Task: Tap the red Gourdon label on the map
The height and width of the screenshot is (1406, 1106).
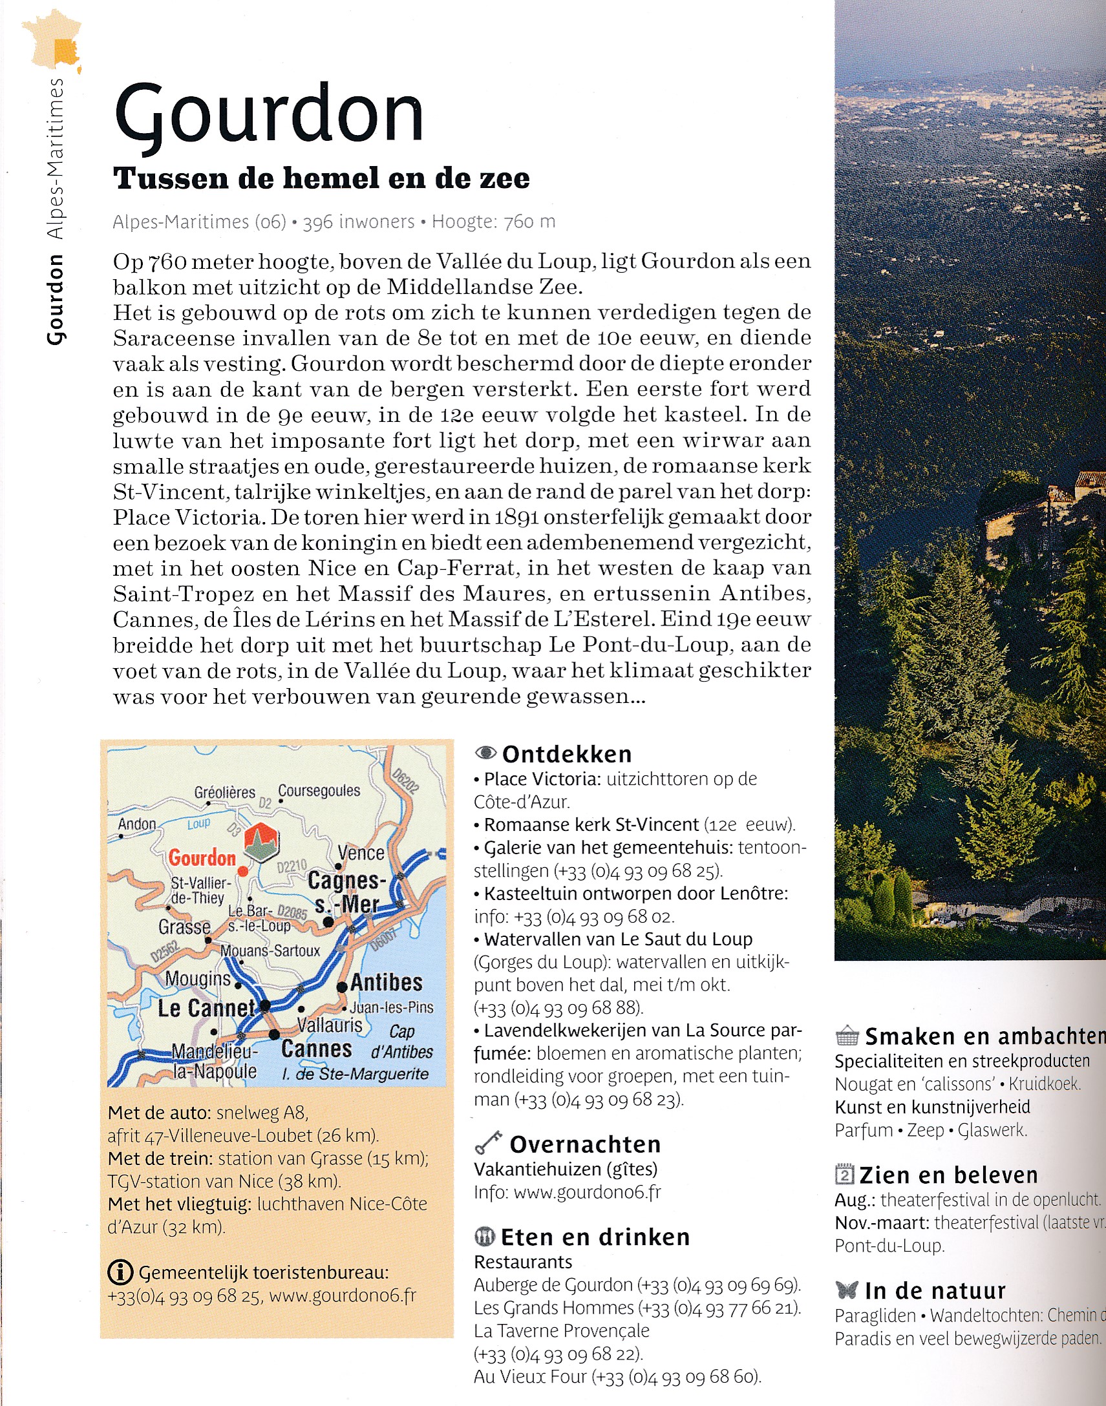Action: click(202, 857)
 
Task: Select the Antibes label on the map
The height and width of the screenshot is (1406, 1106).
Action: click(387, 983)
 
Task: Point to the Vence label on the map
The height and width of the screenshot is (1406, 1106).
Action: click(361, 852)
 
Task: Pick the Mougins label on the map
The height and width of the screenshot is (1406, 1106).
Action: click(198, 979)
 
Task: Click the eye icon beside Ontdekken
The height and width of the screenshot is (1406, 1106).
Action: click(485, 753)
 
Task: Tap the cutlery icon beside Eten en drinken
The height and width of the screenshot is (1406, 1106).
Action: click(484, 1237)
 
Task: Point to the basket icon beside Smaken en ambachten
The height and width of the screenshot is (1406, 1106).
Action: click(846, 1036)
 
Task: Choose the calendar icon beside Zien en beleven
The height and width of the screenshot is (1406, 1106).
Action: click(844, 1173)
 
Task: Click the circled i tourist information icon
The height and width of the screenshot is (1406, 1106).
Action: click(120, 1272)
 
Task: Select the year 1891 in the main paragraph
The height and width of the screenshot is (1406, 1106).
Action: click(516, 517)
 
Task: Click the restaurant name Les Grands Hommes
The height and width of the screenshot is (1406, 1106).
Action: click(554, 1308)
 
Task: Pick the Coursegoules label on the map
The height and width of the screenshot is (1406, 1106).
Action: click(319, 790)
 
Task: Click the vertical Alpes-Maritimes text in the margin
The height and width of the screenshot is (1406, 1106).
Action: click(56, 158)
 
